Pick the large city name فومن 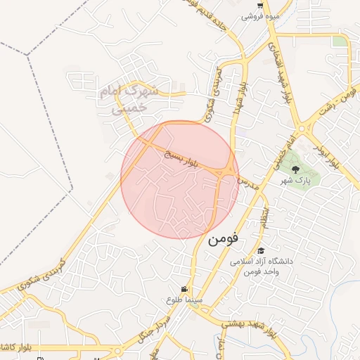coord(223,238)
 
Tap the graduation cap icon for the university coord(261,250)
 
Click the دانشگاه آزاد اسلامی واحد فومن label coord(262,266)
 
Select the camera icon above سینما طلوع coord(184,289)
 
